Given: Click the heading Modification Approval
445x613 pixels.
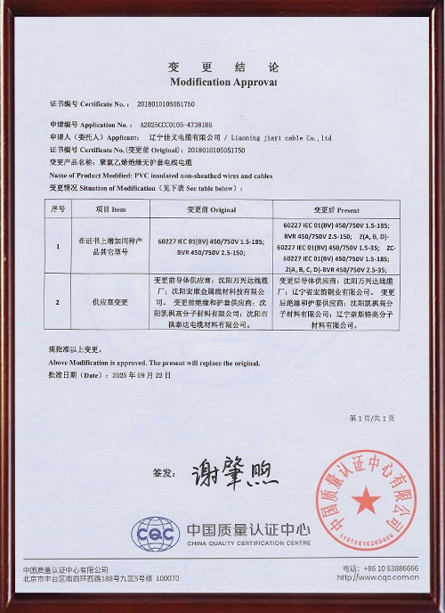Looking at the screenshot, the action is coord(222,81).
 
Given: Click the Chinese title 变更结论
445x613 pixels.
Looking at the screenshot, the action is coord(222,68).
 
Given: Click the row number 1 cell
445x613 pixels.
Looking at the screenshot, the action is coord(58,245).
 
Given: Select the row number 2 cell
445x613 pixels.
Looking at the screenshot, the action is coord(58,303).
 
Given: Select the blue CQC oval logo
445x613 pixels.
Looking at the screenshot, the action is coord(156,535).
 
